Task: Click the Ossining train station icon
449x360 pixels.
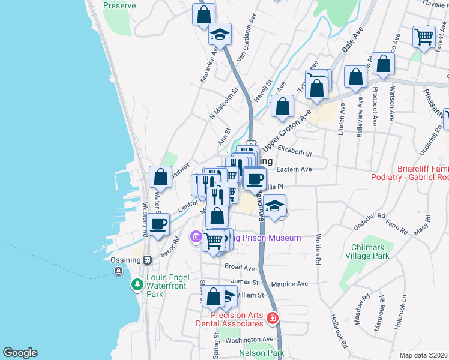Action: tap(146, 261)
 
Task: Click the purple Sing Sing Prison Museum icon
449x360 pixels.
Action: tap(196, 238)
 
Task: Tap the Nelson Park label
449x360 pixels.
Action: tap(261, 353)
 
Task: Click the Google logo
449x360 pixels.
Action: tap(20, 353)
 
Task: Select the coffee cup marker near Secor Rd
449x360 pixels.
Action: tap(159, 224)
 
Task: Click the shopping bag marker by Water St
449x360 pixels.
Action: tap(160, 177)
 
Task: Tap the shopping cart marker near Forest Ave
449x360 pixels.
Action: tap(424, 37)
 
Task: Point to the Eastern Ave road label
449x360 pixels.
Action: tap(294, 170)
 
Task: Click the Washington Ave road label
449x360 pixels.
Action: tap(250, 340)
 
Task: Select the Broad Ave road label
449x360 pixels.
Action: tap(240, 267)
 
